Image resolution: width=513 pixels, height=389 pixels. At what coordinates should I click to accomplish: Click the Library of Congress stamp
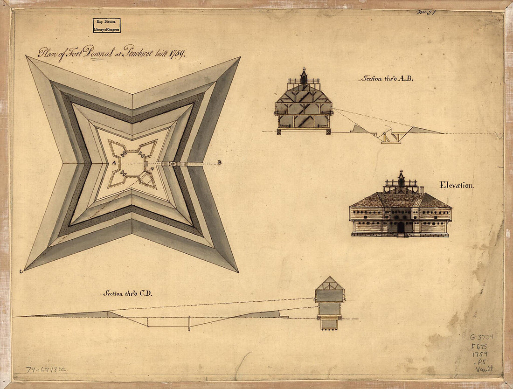(106, 25)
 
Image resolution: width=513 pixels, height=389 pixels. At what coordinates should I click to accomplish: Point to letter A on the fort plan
(114, 163)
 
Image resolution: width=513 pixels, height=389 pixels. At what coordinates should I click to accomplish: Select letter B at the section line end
(219, 163)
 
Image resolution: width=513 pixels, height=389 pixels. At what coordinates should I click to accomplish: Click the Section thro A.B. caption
(386, 78)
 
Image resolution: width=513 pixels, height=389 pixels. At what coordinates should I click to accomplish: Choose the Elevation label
(457, 185)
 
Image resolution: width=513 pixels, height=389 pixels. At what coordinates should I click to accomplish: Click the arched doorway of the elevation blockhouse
(401, 228)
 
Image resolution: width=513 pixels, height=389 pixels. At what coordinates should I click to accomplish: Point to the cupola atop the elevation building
(401, 179)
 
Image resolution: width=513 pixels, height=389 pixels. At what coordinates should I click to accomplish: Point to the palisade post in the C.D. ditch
(189, 323)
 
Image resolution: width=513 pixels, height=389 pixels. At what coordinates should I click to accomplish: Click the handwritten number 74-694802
(46, 369)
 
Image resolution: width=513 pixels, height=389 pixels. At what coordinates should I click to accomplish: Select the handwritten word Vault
(484, 369)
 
